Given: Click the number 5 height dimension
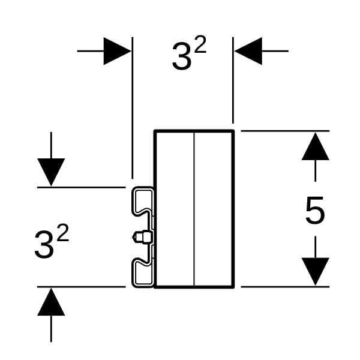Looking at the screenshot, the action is pyautogui.click(x=315, y=210).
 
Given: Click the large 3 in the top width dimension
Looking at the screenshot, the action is pyautogui.click(x=182, y=56).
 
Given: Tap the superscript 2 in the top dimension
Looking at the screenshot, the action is pyautogui.click(x=200, y=44).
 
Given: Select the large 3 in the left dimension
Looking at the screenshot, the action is pyautogui.click(x=44, y=245).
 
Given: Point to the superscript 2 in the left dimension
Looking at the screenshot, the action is pyautogui.click(x=62, y=233).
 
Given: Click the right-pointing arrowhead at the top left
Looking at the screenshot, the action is pyautogui.click(x=117, y=51).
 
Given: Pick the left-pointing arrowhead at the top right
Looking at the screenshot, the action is pyautogui.click(x=248, y=51).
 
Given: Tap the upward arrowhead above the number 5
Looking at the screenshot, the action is pyautogui.click(x=315, y=146).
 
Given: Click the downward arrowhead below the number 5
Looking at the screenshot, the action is pyautogui.click(x=315, y=272).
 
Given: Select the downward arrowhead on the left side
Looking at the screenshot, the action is pyautogui.click(x=51, y=172).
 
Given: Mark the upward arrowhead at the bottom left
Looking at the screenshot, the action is pyautogui.click(x=51, y=302).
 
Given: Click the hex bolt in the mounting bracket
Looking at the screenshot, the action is pyautogui.click(x=142, y=236).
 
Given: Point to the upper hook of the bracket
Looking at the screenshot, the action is pyautogui.click(x=142, y=201).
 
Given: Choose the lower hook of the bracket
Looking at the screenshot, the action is pyautogui.click(x=142, y=272).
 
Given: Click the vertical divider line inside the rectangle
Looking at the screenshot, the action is pyautogui.click(x=194, y=209).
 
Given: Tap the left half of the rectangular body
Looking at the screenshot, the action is pyautogui.click(x=175, y=209).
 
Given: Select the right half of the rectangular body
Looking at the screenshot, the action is pyautogui.click(x=213, y=209).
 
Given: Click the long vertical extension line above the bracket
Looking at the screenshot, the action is pyautogui.click(x=132, y=107).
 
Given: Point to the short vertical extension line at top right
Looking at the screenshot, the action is pyautogui.click(x=233, y=80).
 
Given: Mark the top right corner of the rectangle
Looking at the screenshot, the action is pyautogui.click(x=234, y=130).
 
